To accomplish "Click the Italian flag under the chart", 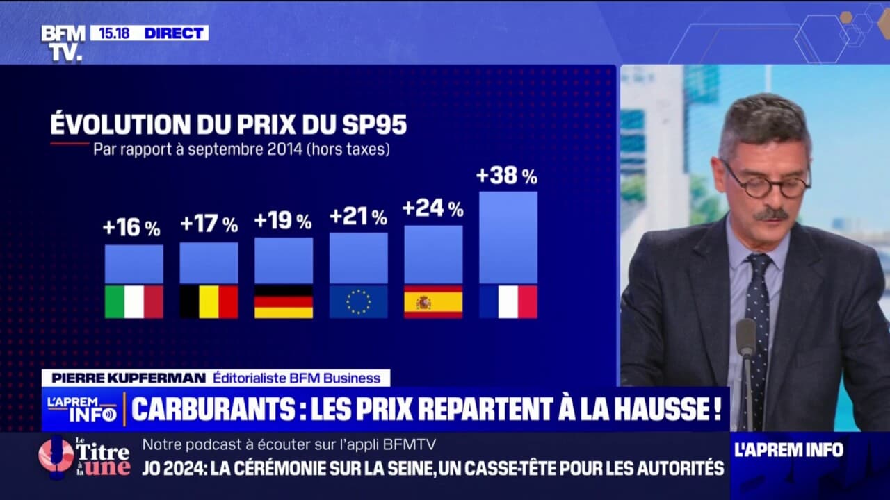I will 134,301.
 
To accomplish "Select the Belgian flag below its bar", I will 209,301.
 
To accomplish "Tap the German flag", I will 284,301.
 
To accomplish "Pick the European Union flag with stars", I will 358,301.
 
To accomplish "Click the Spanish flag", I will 433,301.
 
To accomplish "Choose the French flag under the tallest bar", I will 508,301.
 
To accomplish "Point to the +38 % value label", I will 507,176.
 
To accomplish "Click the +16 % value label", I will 131,228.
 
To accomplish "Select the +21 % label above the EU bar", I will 358,217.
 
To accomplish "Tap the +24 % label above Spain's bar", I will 432,208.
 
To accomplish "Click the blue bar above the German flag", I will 284,260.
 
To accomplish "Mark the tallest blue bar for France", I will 508,237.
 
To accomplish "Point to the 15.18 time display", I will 115,33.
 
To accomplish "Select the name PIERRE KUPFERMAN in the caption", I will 124,378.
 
